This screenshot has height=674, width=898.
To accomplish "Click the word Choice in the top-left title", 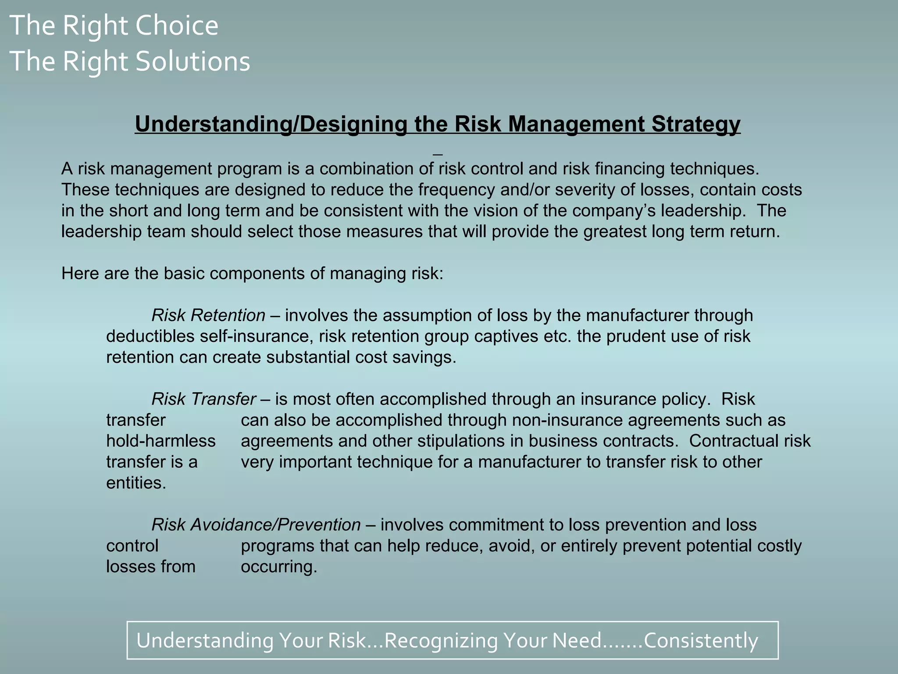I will [x=177, y=25].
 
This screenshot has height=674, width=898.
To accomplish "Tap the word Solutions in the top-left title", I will [x=192, y=61].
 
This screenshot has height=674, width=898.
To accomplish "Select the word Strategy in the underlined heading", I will [x=696, y=124].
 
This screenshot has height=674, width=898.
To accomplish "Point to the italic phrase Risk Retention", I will [x=208, y=315].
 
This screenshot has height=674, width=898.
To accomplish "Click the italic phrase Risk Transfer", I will [x=203, y=399].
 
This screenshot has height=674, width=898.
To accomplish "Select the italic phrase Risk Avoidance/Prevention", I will [x=256, y=525].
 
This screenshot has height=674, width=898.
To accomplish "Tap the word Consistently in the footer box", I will [x=701, y=641].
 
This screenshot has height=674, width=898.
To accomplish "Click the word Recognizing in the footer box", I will [x=441, y=641].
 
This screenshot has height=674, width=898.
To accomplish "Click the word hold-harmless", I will [x=161, y=441].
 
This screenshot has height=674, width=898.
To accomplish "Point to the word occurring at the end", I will [x=279, y=567].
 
